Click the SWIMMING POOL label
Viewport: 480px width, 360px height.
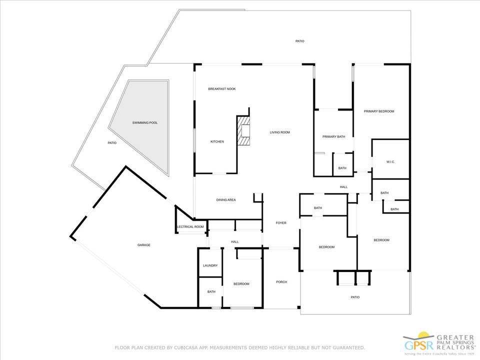(x=145, y=122)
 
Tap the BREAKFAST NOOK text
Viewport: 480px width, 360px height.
(x=221, y=89)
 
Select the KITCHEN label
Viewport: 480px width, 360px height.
(x=217, y=142)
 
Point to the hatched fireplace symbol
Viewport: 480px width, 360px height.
(x=243, y=130)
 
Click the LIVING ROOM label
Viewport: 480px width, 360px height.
(x=280, y=132)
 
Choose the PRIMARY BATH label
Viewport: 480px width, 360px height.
(x=334, y=136)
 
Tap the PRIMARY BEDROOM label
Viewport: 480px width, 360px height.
(x=379, y=111)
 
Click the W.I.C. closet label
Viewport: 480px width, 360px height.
(x=391, y=162)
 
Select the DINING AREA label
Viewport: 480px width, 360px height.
(x=226, y=200)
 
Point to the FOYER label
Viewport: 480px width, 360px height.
(x=281, y=223)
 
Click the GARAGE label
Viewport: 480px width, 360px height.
(x=144, y=245)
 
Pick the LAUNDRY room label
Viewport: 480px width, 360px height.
(x=210, y=265)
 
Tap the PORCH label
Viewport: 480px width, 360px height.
(x=281, y=282)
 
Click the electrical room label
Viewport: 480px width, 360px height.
(x=190, y=227)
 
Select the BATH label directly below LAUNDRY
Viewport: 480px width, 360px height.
(x=211, y=292)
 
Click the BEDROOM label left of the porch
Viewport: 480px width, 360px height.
(x=241, y=284)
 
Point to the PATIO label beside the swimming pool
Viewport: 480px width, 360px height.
(x=112, y=143)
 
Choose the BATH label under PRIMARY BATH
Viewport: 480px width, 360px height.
(x=342, y=168)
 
